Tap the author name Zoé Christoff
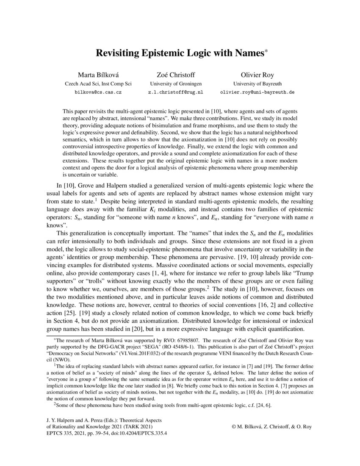tap(174, 75)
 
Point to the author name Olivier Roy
tap(257, 75)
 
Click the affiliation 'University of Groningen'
tap(174, 83)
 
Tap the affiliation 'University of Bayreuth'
tap(257, 83)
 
